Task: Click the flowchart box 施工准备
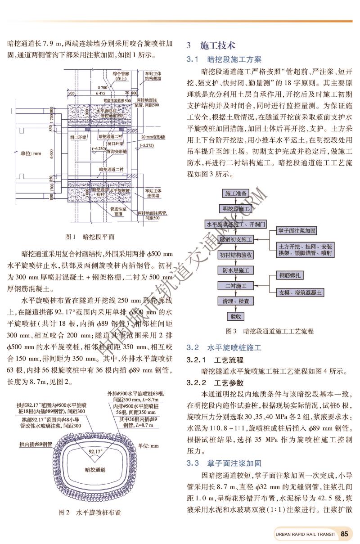[236, 193]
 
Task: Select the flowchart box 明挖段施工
[236, 209]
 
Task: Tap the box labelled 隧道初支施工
[236, 239]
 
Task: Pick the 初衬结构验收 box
[236, 255]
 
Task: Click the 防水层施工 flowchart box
[236, 270]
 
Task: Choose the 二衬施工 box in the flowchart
[236, 286]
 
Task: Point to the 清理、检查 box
[236, 301]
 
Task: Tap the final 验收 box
[236, 316]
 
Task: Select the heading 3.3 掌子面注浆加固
[224, 463]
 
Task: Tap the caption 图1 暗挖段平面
[90, 237]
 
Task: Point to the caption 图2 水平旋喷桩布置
[90, 512]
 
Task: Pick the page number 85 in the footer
[345, 534]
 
